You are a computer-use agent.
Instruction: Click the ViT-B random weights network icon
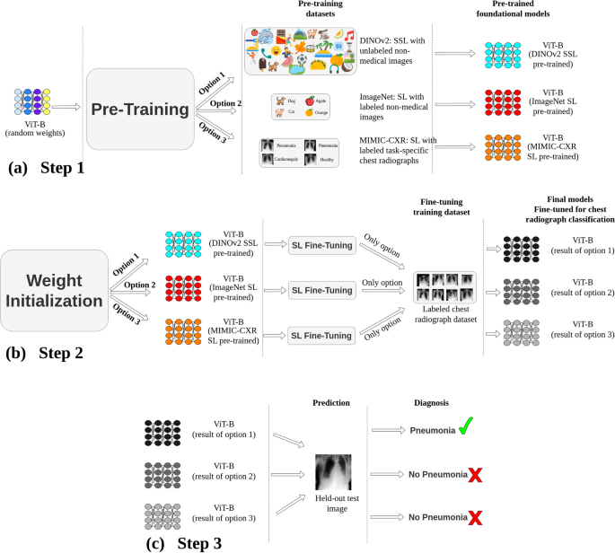pyautogui.click(x=33, y=105)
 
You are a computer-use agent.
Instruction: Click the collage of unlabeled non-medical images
pyautogui.click(x=301, y=48)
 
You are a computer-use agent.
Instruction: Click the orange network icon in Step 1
pyautogui.click(x=509, y=142)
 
